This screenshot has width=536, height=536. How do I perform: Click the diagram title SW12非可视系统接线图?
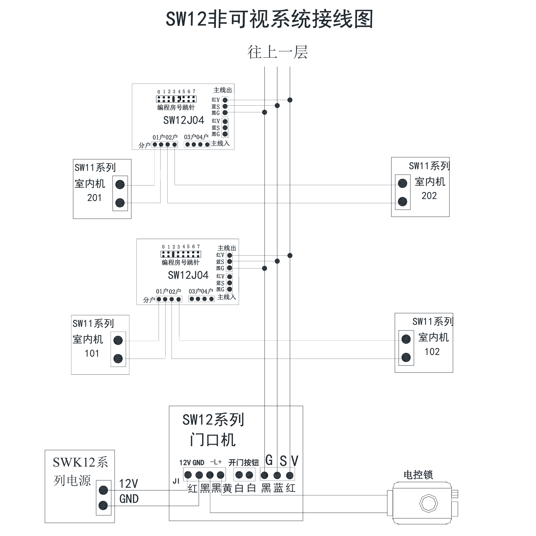[270, 19]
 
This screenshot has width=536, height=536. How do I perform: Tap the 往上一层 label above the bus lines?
[278, 52]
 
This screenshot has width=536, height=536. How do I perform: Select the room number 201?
[94, 198]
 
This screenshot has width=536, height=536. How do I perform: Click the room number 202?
[429, 196]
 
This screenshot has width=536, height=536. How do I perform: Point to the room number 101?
[92, 353]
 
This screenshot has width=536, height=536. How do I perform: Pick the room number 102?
[432, 352]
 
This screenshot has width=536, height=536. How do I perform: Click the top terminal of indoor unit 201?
[120, 184]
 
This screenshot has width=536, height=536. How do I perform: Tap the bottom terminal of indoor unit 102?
[406, 357]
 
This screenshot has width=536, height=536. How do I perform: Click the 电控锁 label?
[418, 475]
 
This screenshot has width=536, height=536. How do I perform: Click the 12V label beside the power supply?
[128, 484]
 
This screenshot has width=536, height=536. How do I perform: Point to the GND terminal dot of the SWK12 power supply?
[103, 505]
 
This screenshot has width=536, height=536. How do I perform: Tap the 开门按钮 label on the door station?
[244, 463]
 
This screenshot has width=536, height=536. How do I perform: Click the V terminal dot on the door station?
[290, 475]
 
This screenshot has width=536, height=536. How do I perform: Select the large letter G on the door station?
[269, 460]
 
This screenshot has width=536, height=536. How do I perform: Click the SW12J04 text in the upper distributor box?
[184, 120]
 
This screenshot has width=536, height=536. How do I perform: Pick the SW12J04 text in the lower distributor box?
[188, 275]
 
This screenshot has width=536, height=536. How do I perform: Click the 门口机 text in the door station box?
[213, 440]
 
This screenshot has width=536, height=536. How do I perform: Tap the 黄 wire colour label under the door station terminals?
[227, 488]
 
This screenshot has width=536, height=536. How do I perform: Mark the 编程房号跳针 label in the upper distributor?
[176, 107]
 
